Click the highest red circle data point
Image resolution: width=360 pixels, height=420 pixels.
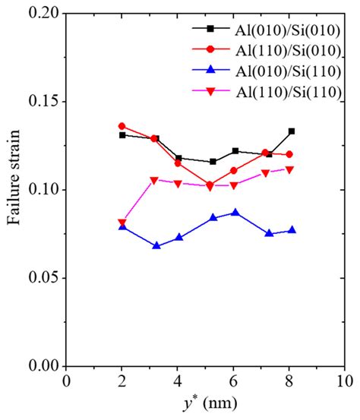click(122, 126)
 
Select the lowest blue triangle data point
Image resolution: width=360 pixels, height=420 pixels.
click(156, 246)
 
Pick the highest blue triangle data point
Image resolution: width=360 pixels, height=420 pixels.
click(235, 212)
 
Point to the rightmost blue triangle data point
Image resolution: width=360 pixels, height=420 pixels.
click(292, 230)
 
